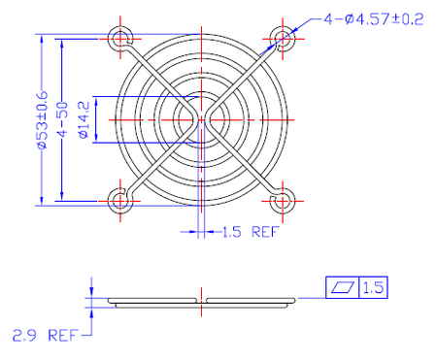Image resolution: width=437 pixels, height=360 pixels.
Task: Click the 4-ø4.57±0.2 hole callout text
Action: coord(374,19)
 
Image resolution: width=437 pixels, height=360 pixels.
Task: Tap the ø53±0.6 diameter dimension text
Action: coord(43,120)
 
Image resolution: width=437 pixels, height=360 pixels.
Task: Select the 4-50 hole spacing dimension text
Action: coord(63,120)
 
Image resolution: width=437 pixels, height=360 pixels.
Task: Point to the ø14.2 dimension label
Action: coord(84,120)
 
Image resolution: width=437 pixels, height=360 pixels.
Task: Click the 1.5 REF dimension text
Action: coord(251,232)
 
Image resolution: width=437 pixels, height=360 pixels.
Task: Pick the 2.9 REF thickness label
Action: coord(46,336)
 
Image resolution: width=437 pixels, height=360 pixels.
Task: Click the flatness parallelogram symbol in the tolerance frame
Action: coord(343,287)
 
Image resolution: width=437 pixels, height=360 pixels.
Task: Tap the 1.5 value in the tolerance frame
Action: coord(374,287)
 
